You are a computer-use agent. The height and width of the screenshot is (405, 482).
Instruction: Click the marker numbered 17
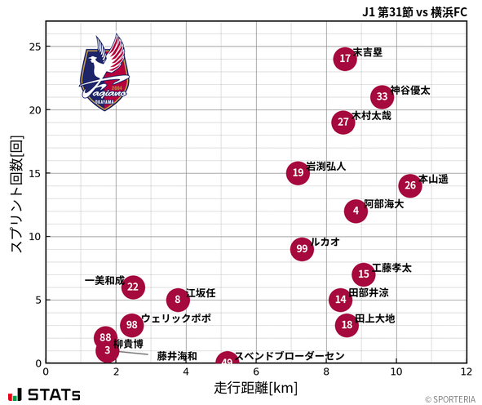(x=345, y=59)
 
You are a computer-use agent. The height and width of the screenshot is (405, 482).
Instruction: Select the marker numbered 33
(x=383, y=97)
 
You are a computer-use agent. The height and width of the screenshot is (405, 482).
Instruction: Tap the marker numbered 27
(x=343, y=122)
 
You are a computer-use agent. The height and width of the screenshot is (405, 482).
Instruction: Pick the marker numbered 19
(x=298, y=173)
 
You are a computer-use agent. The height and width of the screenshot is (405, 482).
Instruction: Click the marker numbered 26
(x=410, y=185)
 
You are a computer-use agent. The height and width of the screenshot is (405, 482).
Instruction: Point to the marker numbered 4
(x=356, y=211)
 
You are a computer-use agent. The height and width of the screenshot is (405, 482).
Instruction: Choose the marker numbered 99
(x=302, y=249)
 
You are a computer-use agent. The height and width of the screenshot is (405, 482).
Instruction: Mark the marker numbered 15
(x=364, y=274)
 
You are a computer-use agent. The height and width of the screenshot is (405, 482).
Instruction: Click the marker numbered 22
(x=133, y=287)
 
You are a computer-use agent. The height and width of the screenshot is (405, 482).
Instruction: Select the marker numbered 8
(x=178, y=300)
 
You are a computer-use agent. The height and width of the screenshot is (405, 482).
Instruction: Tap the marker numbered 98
(x=132, y=325)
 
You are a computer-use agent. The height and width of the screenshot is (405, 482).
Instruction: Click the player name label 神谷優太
(x=410, y=90)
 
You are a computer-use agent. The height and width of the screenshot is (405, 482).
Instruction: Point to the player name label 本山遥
(x=433, y=179)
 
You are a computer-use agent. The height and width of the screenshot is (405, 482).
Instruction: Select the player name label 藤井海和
(x=177, y=356)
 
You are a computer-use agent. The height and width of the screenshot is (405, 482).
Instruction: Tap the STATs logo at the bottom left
(x=46, y=394)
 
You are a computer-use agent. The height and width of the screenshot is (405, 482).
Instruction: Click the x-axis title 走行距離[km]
(x=255, y=386)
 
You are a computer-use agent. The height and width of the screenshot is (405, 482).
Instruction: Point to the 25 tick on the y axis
(x=33, y=47)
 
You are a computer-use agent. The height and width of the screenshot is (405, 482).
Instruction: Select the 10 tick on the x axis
(x=396, y=372)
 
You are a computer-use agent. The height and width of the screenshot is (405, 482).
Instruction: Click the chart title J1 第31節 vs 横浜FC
(x=414, y=11)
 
